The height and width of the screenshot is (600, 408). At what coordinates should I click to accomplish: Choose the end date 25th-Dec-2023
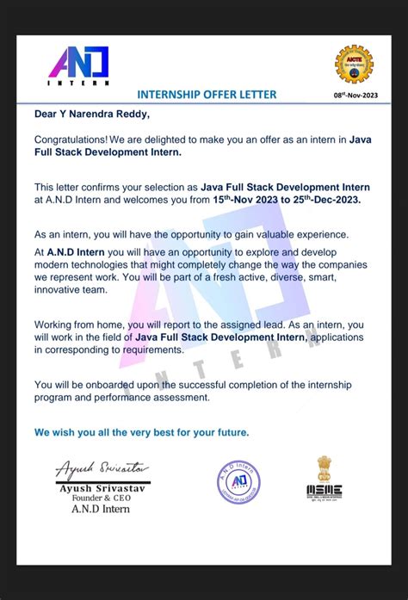coord(324,199)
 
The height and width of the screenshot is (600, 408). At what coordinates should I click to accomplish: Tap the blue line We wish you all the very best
coord(142,432)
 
